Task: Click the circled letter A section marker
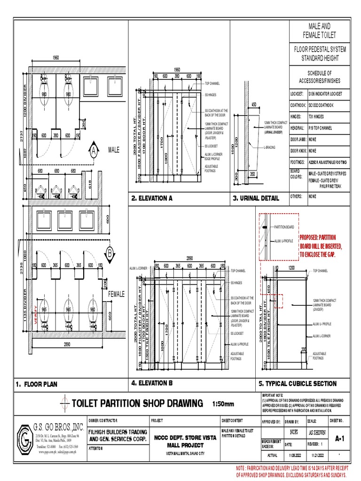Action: [94, 151]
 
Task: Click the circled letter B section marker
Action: [110, 254]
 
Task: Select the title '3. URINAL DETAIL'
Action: [256, 199]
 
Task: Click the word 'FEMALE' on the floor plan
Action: [117, 294]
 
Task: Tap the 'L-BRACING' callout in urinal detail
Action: [270, 147]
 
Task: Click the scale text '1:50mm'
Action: [223, 403]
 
